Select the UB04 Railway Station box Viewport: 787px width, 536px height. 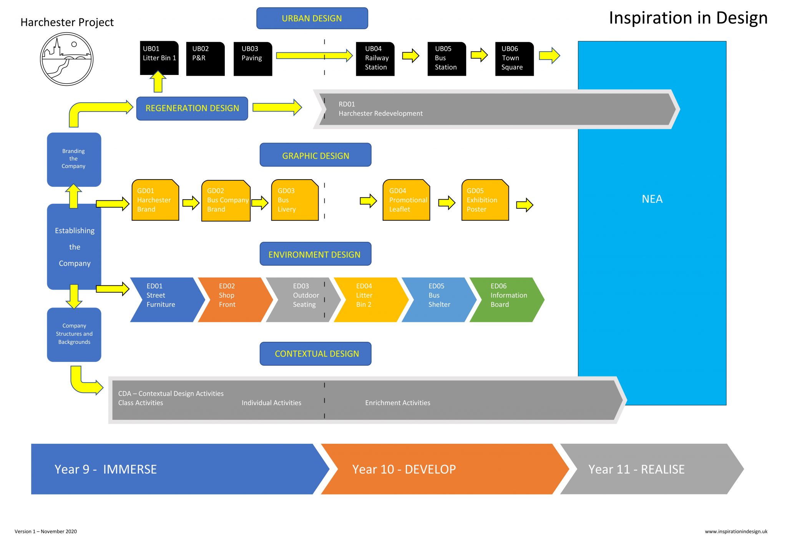point(375,58)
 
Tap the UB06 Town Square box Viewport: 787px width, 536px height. point(514,58)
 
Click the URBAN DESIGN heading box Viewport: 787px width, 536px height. point(312,18)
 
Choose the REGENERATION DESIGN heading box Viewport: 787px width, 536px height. point(192,108)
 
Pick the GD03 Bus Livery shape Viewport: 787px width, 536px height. point(295,200)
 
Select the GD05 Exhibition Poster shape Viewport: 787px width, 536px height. point(485,200)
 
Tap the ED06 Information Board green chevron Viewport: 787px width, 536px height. point(506,300)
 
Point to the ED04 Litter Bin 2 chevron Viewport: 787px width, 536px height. point(369,300)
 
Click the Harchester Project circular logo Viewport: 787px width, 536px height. point(67,59)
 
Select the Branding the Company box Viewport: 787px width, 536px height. point(74,159)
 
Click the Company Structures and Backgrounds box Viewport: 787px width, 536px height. point(74,334)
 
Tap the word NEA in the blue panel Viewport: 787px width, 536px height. point(652,199)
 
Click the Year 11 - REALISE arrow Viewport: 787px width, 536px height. point(646,469)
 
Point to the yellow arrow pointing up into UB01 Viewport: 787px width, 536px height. point(158,82)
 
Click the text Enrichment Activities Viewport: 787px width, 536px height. point(397,403)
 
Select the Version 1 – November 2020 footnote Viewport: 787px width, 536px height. point(46,531)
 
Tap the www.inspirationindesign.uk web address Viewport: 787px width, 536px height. point(736,531)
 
